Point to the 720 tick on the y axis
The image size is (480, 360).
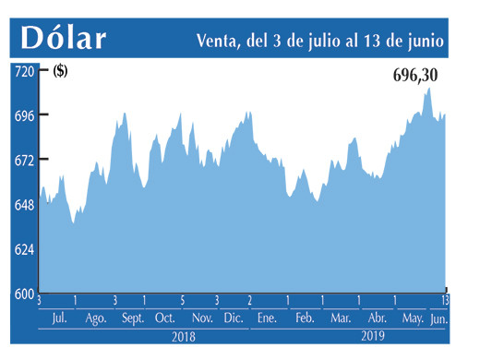[x=23, y=71]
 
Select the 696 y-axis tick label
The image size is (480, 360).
[x=23, y=115]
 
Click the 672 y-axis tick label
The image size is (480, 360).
[x=23, y=161]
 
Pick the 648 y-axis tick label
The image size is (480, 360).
[x=23, y=205]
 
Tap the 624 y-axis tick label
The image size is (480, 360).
[x=23, y=250]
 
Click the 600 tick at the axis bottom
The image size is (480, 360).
[x=23, y=294]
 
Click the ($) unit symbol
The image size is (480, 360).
[x=60, y=71]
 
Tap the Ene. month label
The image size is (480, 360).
[x=268, y=318]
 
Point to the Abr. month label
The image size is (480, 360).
[x=376, y=318]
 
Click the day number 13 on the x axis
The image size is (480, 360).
[x=445, y=301]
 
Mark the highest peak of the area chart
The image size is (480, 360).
[x=428, y=89]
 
